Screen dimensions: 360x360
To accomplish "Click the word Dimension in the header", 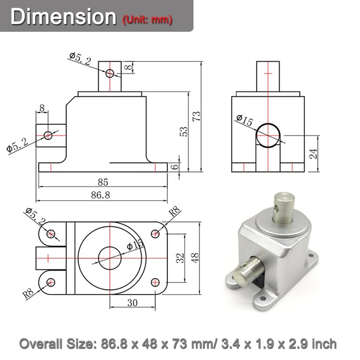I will (63, 17).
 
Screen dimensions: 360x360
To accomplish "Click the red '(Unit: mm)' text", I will (147, 19).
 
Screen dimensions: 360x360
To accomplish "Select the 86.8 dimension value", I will (101, 195).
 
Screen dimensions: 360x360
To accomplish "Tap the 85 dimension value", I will (103, 183).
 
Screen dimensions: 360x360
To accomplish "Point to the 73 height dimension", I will (196, 117).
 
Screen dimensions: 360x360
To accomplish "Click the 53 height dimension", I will (184, 131).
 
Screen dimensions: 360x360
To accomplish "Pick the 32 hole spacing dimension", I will (180, 258).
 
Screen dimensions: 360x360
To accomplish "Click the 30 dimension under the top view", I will (132, 303).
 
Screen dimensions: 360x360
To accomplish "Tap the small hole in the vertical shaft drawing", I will (110, 73).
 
